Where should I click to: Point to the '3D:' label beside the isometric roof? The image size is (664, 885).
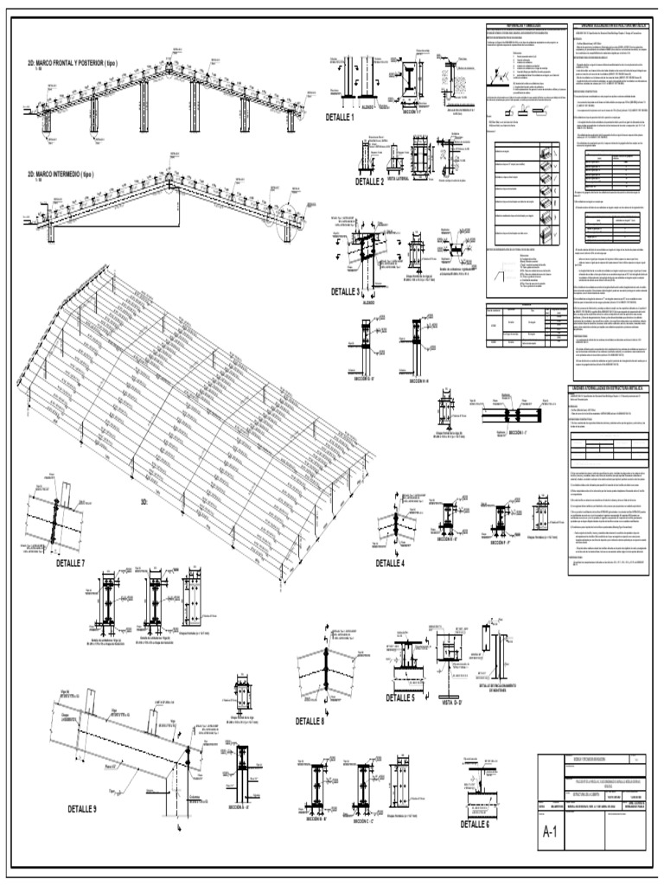tap(144, 501)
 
